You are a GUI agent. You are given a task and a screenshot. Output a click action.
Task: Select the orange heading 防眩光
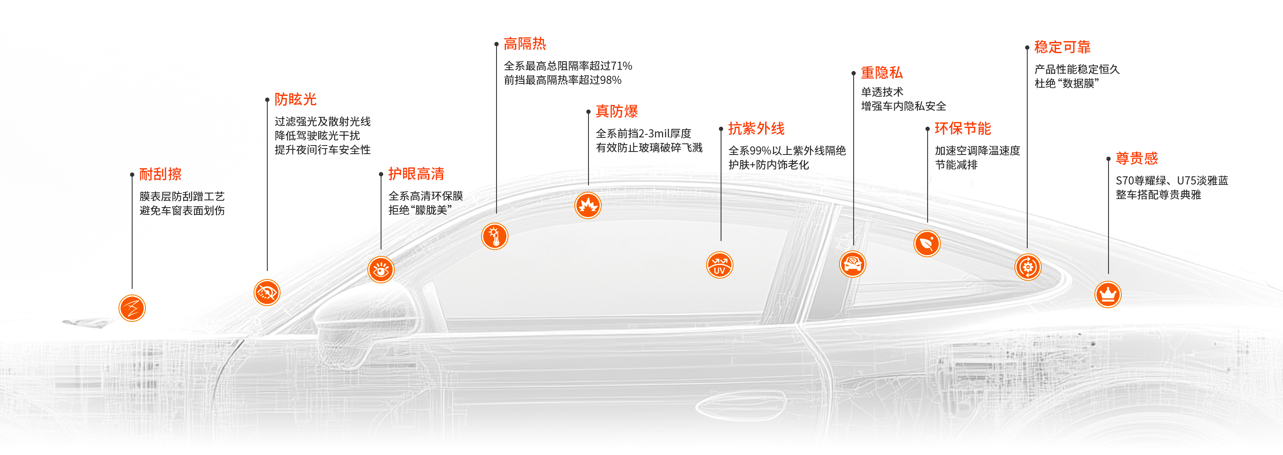tap(296, 100)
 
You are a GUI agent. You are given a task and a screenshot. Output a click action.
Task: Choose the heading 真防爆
tap(617, 112)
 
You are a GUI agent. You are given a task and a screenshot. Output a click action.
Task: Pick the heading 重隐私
tap(881, 73)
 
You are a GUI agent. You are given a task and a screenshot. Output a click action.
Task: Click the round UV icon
tap(719, 265)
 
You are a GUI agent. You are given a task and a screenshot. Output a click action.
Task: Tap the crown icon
tap(1107, 294)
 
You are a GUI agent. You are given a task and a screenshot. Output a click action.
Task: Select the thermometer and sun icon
tap(494, 236)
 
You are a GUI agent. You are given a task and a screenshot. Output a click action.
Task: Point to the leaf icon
tap(926, 244)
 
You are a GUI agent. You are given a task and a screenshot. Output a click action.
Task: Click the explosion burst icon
tap(588, 206)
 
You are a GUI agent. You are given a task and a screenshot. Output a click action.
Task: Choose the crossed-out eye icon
tap(267, 292)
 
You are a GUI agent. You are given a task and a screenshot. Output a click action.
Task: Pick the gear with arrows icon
tap(1028, 267)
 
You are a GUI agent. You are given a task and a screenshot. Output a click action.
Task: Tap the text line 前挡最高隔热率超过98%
tap(562, 80)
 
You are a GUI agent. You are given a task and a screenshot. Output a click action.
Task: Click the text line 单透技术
tap(881, 92)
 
